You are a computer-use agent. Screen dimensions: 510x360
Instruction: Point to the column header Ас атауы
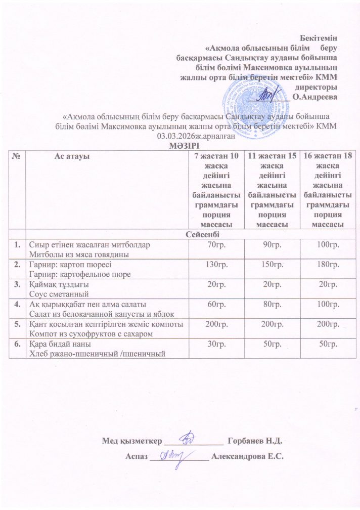[72, 156]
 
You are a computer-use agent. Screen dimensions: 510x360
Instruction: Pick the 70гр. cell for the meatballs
[213, 245]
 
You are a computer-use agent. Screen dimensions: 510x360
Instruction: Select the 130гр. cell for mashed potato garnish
[213, 265]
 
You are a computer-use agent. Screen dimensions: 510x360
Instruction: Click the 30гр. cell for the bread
[213, 345]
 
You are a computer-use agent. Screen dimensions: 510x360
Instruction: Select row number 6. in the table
[18, 345]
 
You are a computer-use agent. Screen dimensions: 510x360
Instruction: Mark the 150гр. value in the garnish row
[271, 265]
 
